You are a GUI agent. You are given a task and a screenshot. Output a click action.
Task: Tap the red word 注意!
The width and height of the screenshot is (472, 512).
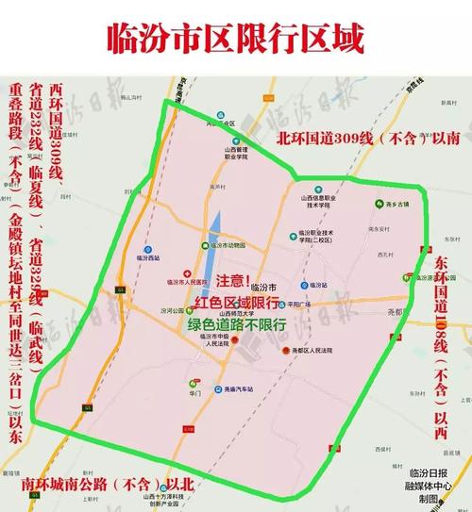coord(234,282)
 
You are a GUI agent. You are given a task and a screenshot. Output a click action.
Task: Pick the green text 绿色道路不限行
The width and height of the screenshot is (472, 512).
coord(236,323)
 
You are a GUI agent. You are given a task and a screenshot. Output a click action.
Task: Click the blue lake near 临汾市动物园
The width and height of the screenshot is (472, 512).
coord(215,226)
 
